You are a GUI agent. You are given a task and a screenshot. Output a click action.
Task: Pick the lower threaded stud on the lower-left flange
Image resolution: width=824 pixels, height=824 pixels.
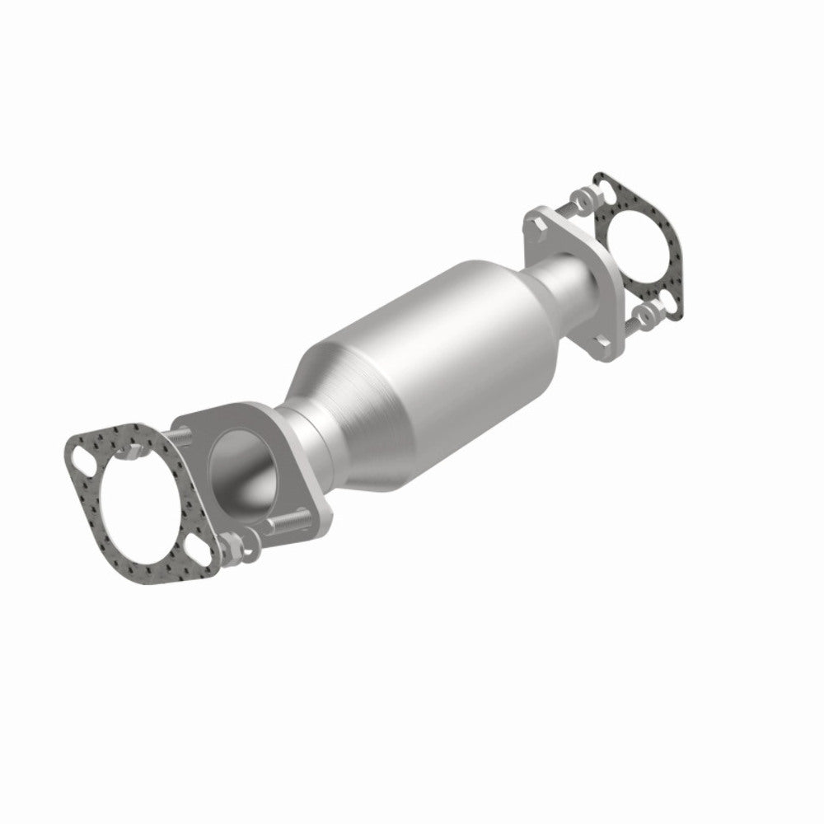coord(285,522)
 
